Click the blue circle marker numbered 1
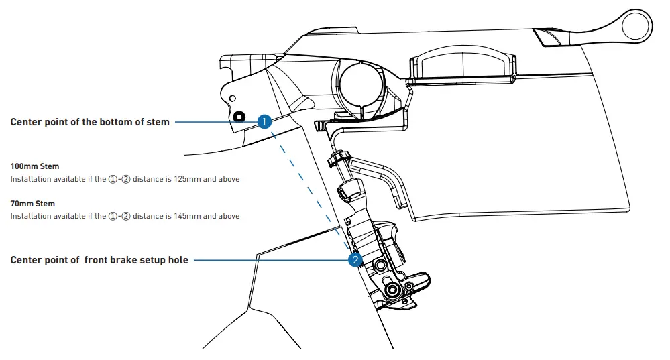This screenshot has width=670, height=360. [264, 121]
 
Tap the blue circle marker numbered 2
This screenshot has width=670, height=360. [355, 259]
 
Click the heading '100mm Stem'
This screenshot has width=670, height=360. [35, 166]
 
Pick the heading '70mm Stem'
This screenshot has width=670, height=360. [32, 203]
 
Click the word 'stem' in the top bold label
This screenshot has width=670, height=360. [158, 122]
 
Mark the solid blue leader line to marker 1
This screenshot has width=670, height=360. [215, 122]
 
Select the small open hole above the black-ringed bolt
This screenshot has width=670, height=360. [232, 99]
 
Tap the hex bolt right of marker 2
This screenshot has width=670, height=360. [381, 266]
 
